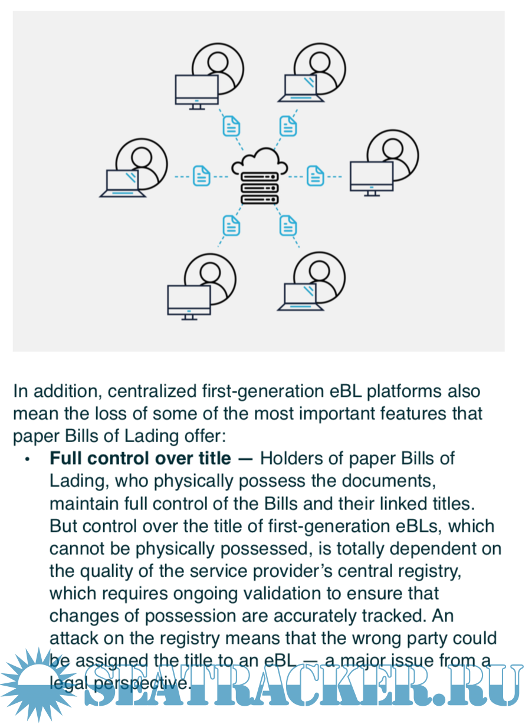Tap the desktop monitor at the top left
pyautogui.click(x=197, y=90)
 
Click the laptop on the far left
pyautogui.click(x=123, y=183)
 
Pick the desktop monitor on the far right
pyautogui.click(x=372, y=177)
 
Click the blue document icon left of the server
pyautogui.click(x=202, y=175)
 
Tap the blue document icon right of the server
pyautogui.click(x=316, y=175)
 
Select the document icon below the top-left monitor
pyautogui.click(x=231, y=126)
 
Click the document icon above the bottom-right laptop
pyautogui.click(x=288, y=225)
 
